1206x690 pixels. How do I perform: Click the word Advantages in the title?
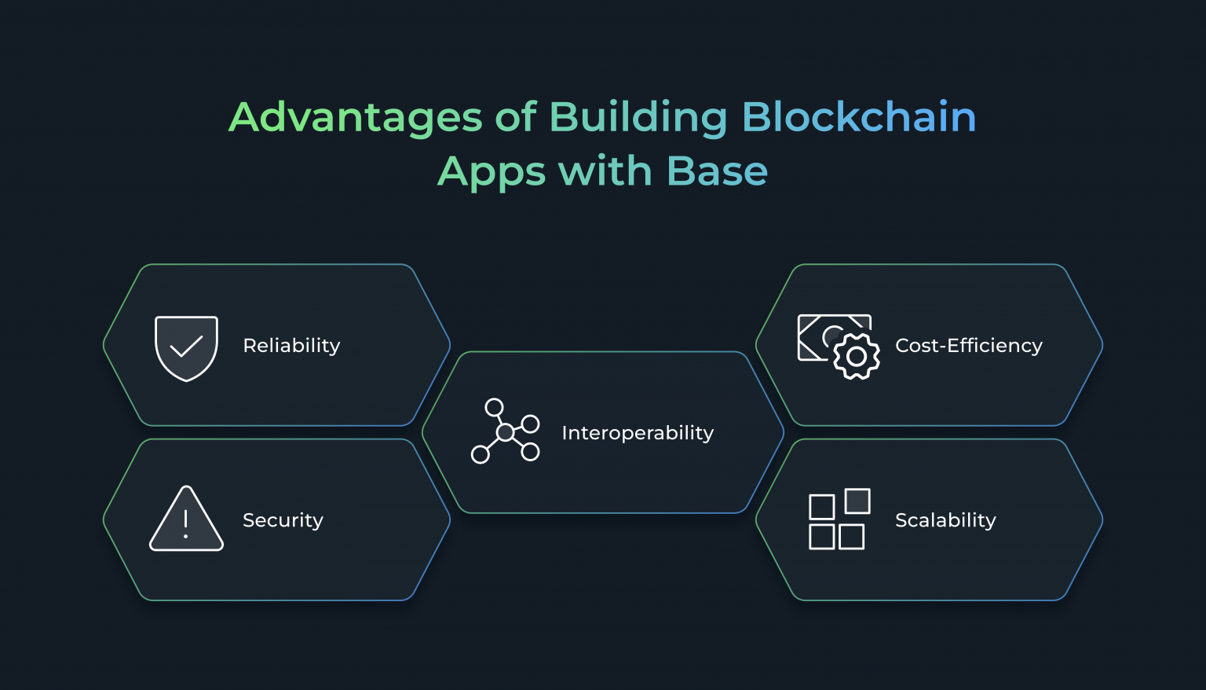pos(355,118)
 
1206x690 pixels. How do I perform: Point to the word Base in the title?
pos(717,171)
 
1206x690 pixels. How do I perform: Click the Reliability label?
pos(291,346)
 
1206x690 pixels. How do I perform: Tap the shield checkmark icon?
pos(186,348)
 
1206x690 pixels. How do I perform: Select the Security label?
pos(283,520)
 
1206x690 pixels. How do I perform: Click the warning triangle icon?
pos(186,520)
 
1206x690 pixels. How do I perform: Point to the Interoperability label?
pos(638,433)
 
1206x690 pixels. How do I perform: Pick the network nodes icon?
pos(505,431)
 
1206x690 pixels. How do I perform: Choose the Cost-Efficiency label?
pos(968,346)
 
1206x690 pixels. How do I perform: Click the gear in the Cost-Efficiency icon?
pos(856,357)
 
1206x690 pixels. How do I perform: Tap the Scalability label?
pos(945,520)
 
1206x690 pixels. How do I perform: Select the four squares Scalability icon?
pos(839,519)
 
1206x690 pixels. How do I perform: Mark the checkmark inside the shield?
pos(186,347)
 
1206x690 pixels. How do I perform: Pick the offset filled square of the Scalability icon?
pos(857,501)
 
